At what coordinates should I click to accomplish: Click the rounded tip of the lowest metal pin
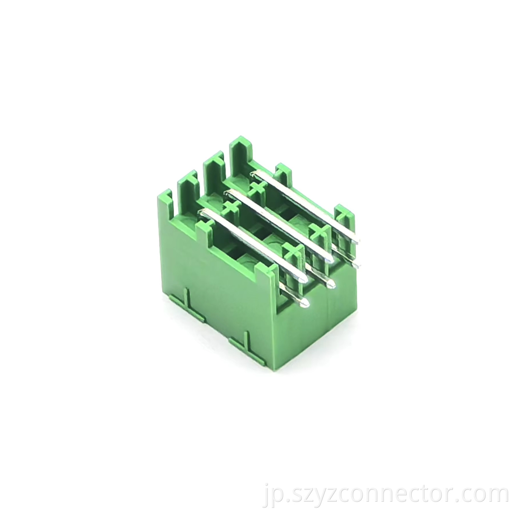(304, 303)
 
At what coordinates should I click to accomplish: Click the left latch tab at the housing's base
(186, 303)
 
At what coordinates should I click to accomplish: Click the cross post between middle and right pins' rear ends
(257, 188)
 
